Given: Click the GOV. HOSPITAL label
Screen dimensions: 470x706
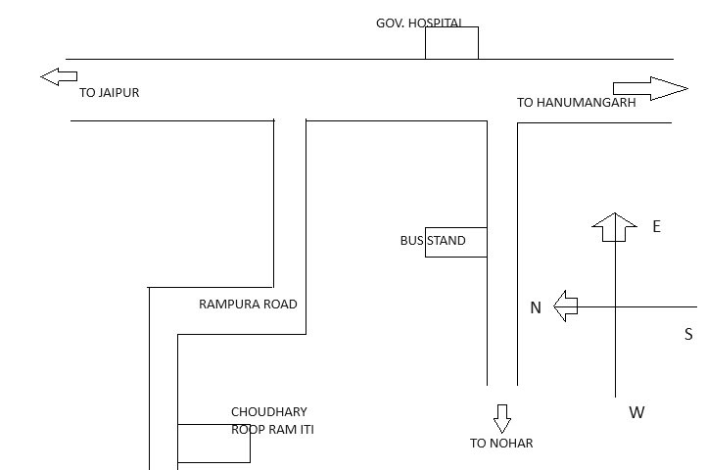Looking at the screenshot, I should point(419,22).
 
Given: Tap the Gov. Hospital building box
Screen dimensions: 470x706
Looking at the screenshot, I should point(451,43).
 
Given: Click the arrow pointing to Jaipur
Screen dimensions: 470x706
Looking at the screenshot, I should point(59,76).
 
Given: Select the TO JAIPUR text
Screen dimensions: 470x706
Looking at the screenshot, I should point(110,93).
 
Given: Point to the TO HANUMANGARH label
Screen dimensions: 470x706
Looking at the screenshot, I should point(576,102).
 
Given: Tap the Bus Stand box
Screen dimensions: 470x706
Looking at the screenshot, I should point(455,242).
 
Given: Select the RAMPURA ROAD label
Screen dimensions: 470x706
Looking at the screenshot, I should point(248,305).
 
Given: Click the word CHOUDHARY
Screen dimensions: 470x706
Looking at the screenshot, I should point(268,412).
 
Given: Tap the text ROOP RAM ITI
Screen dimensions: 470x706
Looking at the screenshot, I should point(272,429).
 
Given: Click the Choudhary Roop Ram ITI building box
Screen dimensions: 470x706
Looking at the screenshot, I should point(213,444).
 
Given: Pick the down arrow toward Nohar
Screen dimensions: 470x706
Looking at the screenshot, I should point(502,418).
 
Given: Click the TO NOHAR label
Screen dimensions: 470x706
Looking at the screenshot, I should point(501,444).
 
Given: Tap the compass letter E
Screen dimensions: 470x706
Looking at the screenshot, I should point(656,226).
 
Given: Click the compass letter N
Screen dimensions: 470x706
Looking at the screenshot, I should point(536,307).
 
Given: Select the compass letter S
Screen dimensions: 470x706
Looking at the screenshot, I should point(688,334).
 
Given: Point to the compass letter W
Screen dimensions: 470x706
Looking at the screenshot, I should point(636,412).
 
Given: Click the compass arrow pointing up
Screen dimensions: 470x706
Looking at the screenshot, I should point(615,227).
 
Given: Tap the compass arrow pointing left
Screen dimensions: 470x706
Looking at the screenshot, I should point(566,306).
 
